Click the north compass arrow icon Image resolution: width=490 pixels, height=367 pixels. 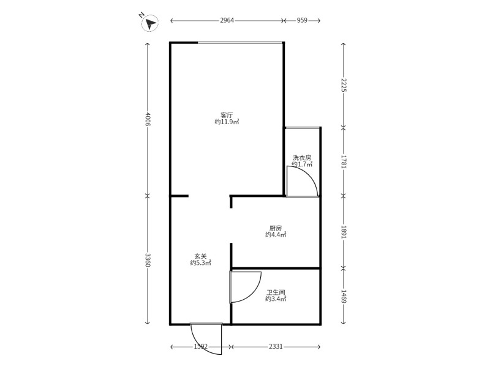point(150,23)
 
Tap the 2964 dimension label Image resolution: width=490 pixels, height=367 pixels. point(227,21)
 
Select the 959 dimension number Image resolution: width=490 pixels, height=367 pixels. point(302,21)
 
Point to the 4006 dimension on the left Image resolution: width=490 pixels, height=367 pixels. point(148,119)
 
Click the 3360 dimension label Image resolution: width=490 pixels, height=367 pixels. point(148,259)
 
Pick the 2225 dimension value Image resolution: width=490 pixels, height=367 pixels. point(344,85)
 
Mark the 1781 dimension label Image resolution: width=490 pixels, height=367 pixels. point(344,161)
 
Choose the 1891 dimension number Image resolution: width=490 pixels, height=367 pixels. point(344,232)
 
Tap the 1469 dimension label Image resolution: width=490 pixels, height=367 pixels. point(344,297)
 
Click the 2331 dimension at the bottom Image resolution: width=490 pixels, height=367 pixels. point(276,346)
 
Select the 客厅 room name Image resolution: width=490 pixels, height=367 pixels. point(227,115)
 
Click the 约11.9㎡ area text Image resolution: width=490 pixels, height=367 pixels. point(227,122)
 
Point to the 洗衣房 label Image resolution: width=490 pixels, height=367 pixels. point(302,158)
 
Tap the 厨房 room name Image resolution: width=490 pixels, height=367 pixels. point(276,228)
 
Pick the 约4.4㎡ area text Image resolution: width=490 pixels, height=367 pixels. point(276,235)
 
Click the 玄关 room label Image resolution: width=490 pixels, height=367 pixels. point(201,256)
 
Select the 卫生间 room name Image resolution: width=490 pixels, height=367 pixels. point(276,292)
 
